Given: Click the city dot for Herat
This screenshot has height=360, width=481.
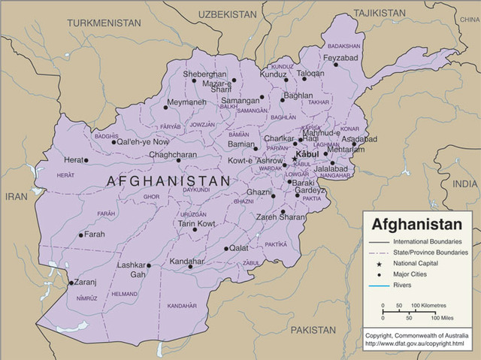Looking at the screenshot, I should click(x=86, y=160).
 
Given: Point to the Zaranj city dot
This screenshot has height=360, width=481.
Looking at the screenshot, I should click(x=71, y=283).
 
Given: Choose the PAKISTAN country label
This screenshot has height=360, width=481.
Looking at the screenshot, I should click(x=313, y=330).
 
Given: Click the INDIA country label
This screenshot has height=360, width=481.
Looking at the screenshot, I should click(x=465, y=183).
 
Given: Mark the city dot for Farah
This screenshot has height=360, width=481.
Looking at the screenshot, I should click(x=80, y=235).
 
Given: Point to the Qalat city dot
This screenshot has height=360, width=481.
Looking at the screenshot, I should click(x=225, y=249).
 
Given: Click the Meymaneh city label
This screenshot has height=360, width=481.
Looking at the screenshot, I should click(x=186, y=101).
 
